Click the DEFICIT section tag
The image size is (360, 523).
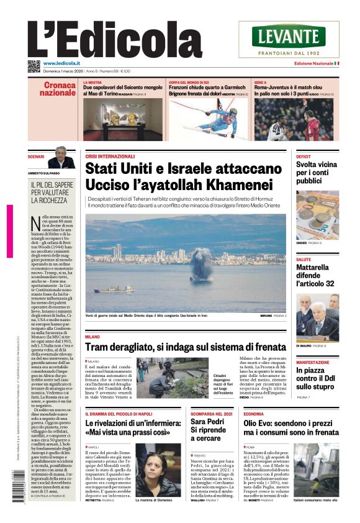(304, 157)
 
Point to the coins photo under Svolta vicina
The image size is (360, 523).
(317, 217)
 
